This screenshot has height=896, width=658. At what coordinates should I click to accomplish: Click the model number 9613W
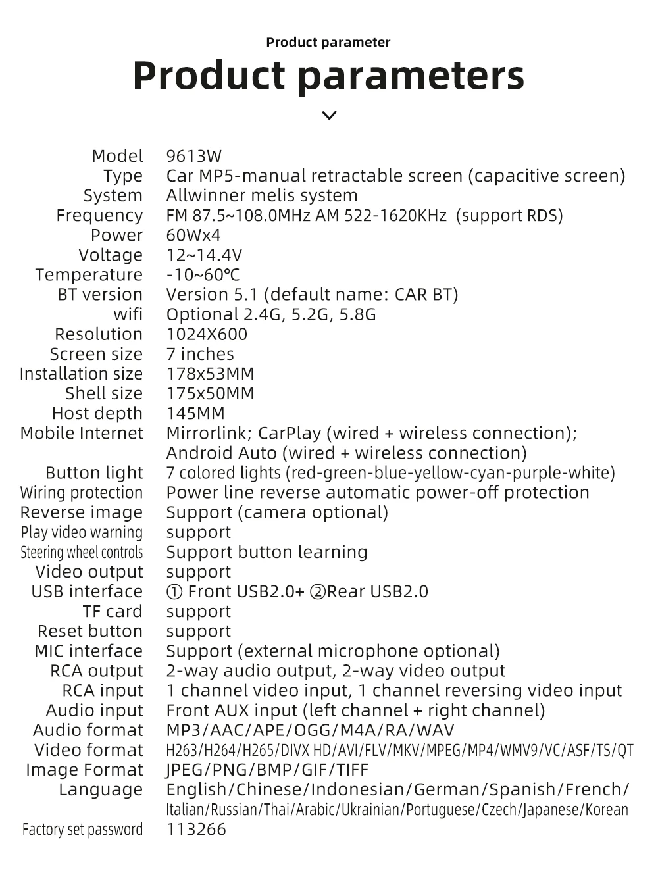point(194,157)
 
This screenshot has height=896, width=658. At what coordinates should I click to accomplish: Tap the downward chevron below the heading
point(329,116)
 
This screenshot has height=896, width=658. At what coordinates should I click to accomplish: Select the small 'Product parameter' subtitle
point(328,43)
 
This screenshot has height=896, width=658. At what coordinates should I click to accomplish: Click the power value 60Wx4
point(193,236)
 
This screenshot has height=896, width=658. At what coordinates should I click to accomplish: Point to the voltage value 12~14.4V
point(204,255)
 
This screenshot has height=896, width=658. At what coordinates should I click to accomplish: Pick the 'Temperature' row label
point(89,275)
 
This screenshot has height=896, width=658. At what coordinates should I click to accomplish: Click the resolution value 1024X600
point(207,334)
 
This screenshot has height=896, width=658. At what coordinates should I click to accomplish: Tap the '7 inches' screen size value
point(200,354)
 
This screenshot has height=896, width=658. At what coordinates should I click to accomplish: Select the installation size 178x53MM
point(210,374)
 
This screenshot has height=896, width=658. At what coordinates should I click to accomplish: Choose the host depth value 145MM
point(195,413)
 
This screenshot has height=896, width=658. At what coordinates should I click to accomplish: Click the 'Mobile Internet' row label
point(82,433)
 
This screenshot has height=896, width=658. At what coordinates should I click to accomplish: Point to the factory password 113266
point(196,829)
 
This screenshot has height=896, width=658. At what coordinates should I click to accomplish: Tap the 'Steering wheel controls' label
point(82,552)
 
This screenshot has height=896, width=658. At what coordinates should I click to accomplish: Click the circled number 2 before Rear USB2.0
point(318,592)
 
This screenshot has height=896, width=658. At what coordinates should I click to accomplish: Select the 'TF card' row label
point(113,611)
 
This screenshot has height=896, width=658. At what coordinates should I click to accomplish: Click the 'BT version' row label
point(100,295)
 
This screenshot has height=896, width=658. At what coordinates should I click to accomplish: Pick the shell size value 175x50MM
point(210,393)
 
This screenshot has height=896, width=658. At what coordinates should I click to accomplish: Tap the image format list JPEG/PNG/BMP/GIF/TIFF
point(267,770)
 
